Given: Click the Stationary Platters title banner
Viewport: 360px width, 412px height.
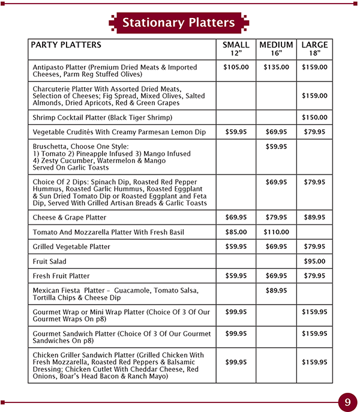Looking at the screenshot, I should (x=178, y=23).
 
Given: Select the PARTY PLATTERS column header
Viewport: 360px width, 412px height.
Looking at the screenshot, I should (x=66, y=46).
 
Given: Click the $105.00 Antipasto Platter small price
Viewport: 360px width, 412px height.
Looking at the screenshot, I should (x=236, y=67).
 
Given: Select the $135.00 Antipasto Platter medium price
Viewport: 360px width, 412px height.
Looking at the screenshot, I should (x=276, y=67).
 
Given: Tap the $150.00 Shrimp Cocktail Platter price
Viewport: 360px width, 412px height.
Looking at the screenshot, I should (x=314, y=118).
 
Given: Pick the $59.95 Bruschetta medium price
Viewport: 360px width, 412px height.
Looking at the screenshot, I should (x=276, y=146).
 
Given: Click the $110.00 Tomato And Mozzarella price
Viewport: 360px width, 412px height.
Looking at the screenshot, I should (x=276, y=232).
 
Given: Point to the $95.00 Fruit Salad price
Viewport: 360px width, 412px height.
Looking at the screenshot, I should (x=314, y=261).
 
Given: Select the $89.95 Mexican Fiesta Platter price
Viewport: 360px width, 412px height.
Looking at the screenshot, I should (x=276, y=291).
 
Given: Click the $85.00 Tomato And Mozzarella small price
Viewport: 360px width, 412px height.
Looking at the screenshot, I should (x=236, y=232).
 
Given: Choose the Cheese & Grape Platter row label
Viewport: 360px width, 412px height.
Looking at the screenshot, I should (x=70, y=218).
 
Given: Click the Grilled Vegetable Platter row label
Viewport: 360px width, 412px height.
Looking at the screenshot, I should (x=71, y=246).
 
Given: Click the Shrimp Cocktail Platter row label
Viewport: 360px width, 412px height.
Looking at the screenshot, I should (x=102, y=118).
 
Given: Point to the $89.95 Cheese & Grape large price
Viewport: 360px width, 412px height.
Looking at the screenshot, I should (x=314, y=218).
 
